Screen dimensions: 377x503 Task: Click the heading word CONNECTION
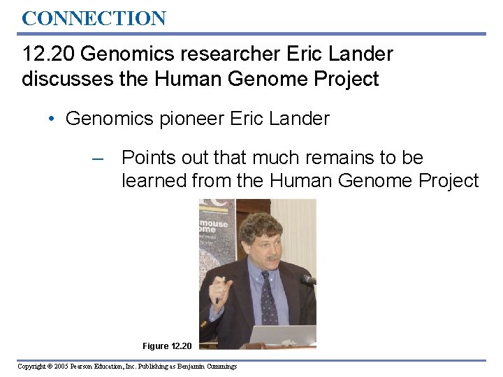coord(94,18)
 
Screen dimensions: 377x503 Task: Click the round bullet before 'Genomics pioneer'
coord(52,119)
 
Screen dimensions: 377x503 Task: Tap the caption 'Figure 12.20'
coord(166,346)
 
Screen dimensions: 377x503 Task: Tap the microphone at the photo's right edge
coord(308,279)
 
